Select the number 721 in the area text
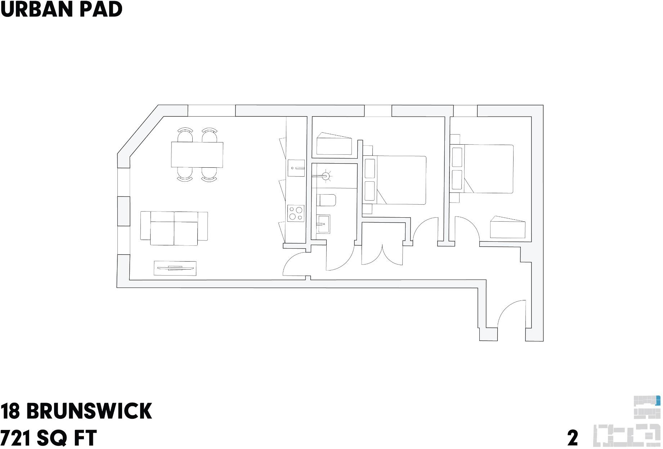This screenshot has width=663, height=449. pos(15,438)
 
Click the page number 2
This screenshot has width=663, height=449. pos(572,438)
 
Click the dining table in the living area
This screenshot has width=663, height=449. pos(197,155)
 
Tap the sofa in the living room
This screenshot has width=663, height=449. pos(174,228)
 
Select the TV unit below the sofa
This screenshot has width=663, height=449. pos(175,268)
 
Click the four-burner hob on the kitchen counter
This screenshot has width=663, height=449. pos(296,213)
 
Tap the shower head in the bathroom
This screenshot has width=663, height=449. pos(326,176)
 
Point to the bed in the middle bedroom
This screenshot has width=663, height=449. pos(400,180)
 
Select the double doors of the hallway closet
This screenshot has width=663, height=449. pos(382,254)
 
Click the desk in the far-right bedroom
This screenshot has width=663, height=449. pos(507,228)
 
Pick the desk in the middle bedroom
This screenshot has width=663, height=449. pos(334,144)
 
